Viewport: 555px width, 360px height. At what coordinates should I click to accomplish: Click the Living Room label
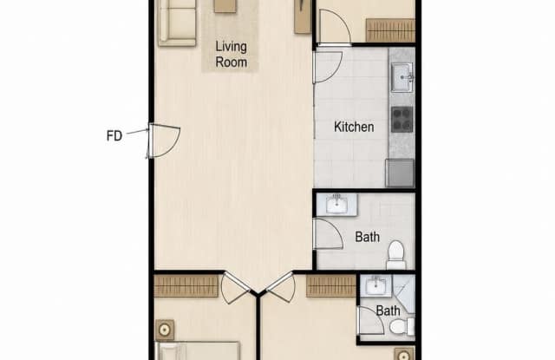[x=232, y=54]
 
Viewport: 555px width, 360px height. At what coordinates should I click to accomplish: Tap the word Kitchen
[x=354, y=127]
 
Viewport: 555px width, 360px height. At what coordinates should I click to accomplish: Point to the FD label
[x=114, y=135]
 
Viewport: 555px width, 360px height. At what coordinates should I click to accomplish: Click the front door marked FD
[x=164, y=141]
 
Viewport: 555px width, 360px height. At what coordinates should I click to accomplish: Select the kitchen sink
[x=402, y=77]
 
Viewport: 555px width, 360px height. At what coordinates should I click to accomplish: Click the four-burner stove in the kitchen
[x=402, y=120]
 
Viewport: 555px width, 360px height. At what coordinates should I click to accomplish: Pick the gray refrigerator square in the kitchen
[x=400, y=173]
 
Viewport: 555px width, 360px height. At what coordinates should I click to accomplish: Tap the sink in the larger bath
[x=336, y=204]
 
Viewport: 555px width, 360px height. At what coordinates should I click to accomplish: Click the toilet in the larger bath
[x=396, y=255]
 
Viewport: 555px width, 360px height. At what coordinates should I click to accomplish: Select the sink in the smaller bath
[x=375, y=285]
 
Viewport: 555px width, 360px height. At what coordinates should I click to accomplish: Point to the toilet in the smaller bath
[x=402, y=326]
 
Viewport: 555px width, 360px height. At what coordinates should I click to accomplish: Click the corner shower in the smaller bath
[x=403, y=294]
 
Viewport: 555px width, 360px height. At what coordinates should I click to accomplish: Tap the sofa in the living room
[x=177, y=23]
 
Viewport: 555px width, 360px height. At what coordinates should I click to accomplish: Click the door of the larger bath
[x=328, y=233]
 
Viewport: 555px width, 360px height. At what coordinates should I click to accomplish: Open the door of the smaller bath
[x=370, y=320]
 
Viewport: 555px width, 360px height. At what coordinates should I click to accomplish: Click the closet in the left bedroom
[x=186, y=286]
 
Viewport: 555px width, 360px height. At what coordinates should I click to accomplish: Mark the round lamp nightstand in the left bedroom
[x=165, y=331]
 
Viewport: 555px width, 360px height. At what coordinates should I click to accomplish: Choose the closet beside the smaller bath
[x=331, y=286]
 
